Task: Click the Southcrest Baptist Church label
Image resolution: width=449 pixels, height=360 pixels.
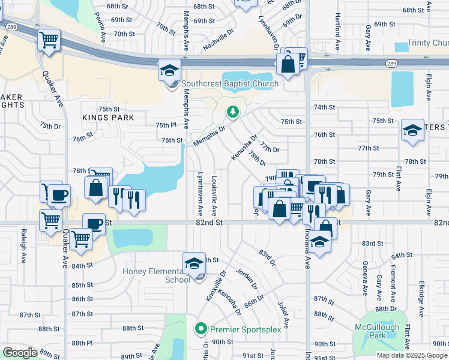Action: pos(230,84)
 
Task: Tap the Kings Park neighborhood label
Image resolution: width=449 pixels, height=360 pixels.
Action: pos(109,118)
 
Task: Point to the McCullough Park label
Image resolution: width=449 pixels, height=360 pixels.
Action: pos(376,331)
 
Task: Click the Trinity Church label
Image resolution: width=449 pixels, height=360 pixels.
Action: pos(428,43)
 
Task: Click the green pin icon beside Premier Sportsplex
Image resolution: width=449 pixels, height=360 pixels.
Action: pos(201,329)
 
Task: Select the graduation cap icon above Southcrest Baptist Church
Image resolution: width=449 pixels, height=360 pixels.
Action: pos(169,70)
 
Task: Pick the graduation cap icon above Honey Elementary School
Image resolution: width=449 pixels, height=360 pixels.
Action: pos(194,263)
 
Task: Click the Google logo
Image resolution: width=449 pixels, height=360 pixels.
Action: pos(20,353)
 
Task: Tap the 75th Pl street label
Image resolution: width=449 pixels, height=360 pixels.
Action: pos(166,125)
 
